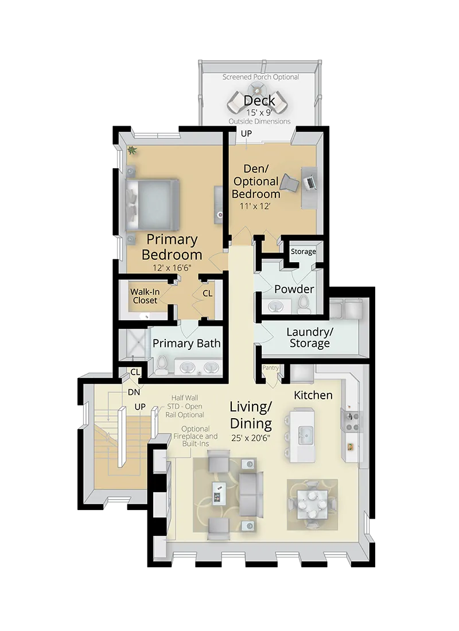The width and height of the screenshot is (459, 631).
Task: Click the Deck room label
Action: pyautogui.click(x=259, y=101)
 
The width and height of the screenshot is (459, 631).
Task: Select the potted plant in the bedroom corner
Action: pyautogui.click(x=133, y=151)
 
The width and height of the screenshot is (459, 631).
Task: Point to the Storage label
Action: pyautogui.click(x=303, y=251)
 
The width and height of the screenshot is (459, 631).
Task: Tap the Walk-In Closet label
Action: pyautogui.click(x=145, y=295)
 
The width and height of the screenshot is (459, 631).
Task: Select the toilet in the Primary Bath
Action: pyautogui.click(x=162, y=364)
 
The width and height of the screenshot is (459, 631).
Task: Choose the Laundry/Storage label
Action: pyautogui.click(x=309, y=338)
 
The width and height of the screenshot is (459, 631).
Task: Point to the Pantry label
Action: pyautogui.click(x=270, y=367)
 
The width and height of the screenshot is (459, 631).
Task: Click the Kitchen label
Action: pyautogui.click(x=313, y=395)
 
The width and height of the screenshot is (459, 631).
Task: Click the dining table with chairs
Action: pyautogui.click(x=312, y=503)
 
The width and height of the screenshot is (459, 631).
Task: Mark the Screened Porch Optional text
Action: pyautogui.click(x=261, y=77)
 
